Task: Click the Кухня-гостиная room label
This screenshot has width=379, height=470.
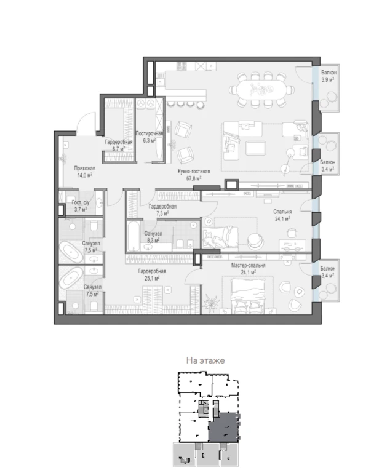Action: click(194, 172)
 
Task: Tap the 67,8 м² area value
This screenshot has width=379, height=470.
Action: click(194, 178)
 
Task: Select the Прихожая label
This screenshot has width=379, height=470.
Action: click(84, 169)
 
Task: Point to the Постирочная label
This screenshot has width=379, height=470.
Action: click(150, 133)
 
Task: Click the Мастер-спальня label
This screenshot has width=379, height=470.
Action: click(248, 265)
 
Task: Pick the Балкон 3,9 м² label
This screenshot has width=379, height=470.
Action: click(329, 76)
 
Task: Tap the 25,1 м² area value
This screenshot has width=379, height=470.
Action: click(152, 278)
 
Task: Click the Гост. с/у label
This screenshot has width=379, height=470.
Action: click(81, 202)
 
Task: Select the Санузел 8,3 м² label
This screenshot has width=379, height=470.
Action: click(153, 237)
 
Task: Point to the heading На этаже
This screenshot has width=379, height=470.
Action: click(205, 360)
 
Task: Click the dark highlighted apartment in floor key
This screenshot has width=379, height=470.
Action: click(224, 427)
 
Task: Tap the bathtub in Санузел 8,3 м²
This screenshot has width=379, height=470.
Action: click(133, 236)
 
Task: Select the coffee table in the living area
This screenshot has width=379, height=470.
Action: click(255, 148)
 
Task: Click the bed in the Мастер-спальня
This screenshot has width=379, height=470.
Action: click(248, 295)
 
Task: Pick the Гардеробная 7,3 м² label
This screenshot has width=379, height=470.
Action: click(162, 210)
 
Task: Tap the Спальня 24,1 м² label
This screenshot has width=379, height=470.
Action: click(282, 215)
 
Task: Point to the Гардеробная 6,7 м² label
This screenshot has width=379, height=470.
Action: click(118, 145)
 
